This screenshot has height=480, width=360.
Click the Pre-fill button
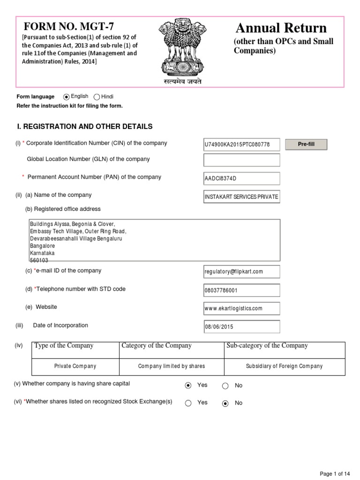306,144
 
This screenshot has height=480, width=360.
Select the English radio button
67,97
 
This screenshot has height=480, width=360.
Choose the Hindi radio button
97,97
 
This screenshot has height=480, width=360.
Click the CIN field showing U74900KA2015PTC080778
241,144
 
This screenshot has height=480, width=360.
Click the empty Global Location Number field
241,160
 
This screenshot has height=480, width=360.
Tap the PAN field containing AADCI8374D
241,179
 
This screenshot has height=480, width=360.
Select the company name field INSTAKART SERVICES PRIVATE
241,197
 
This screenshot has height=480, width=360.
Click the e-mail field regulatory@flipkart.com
241,271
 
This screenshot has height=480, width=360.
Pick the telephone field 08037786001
241,290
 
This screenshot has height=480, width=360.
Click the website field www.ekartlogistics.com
241,308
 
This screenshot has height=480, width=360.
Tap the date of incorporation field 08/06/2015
241,327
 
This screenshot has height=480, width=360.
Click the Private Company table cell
75,366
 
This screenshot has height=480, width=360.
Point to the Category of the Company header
157,346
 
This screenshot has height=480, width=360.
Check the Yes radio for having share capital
188,385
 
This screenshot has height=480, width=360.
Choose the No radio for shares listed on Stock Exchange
225,403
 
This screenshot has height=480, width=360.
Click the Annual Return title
281,28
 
